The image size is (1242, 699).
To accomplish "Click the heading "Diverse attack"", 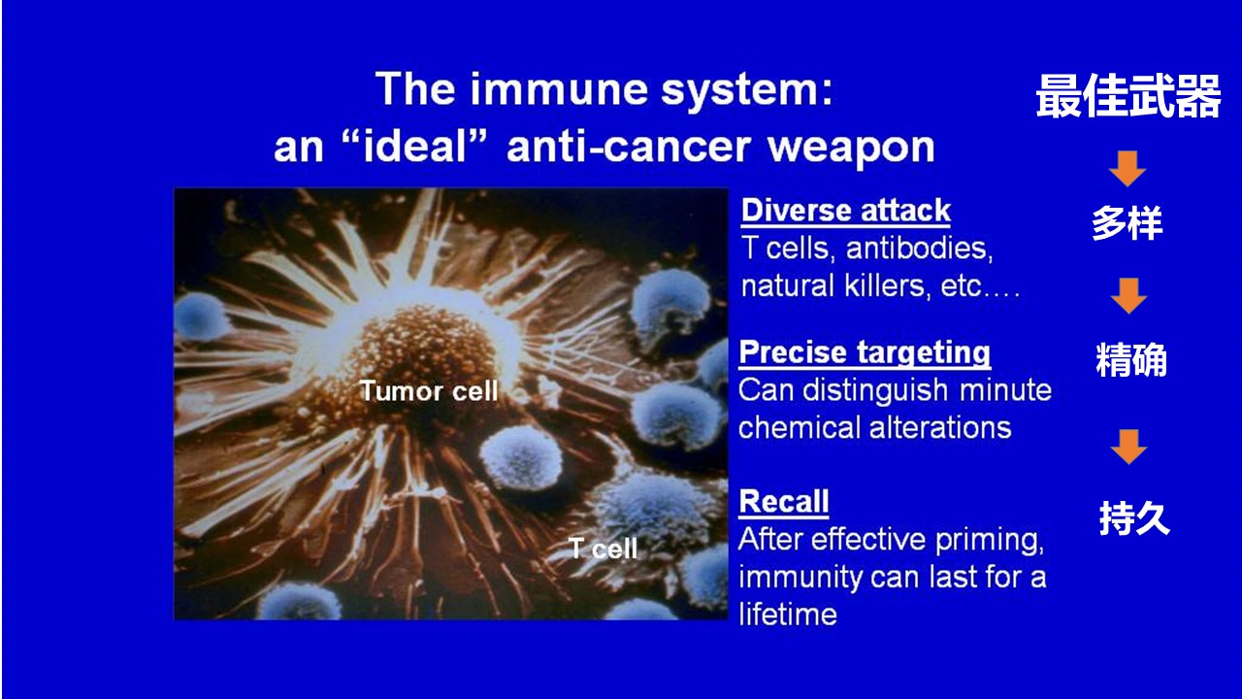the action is (x=845, y=211).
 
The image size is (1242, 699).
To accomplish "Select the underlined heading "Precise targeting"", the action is (x=865, y=352).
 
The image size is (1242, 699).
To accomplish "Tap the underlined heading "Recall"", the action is (x=784, y=502).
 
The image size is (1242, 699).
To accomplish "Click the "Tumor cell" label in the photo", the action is (x=429, y=391).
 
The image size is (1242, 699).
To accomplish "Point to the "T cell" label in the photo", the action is (x=604, y=549).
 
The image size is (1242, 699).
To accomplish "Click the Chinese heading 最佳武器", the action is (x=1128, y=96).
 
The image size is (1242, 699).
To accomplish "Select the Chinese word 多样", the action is (x=1128, y=223).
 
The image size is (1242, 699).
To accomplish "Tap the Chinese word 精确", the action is (x=1131, y=359).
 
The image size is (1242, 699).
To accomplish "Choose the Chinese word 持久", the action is (x=1134, y=518).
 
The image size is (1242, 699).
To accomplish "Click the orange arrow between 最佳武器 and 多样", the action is (x=1128, y=168).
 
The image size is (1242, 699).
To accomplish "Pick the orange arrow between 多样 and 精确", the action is (x=1128, y=296).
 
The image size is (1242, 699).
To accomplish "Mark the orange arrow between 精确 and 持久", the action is (x=1128, y=447).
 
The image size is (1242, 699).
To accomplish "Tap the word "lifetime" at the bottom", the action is (x=788, y=615).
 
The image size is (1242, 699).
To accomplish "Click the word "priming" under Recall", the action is (x=990, y=541).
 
